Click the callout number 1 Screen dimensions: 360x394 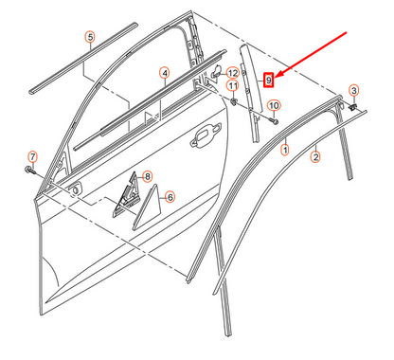pyautogui.click(x=284, y=150)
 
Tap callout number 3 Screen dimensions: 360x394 pyautogui.click(x=354, y=90)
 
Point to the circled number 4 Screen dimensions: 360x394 pyautogui.click(x=163, y=72)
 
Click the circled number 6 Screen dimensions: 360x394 pyautogui.click(x=170, y=197)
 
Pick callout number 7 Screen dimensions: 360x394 pyautogui.click(x=31, y=155)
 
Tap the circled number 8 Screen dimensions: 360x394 pyautogui.click(x=148, y=176)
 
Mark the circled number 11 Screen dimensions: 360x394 pyautogui.click(x=233, y=87)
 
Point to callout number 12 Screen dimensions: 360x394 pyautogui.click(x=233, y=72)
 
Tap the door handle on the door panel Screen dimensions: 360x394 pyautogui.click(x=205, y=142)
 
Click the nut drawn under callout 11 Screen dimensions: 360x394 pyautogui.click(x=234, y=100)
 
